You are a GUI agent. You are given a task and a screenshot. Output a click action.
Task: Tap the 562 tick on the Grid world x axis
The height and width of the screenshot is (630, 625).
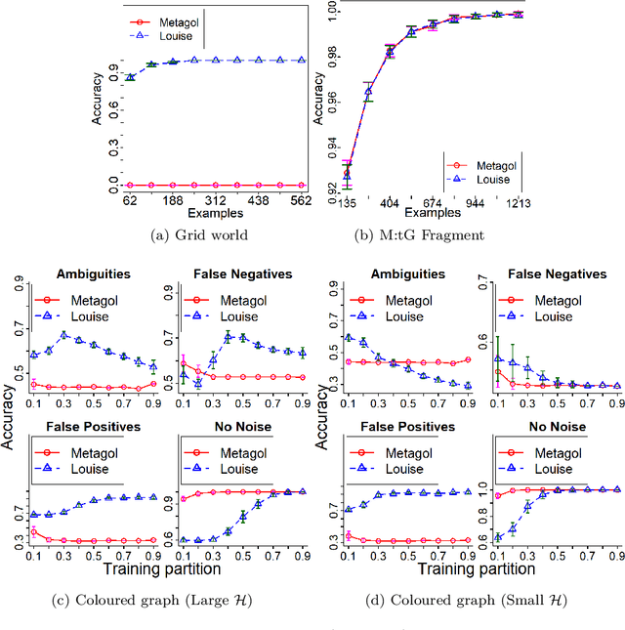(301, 200)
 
